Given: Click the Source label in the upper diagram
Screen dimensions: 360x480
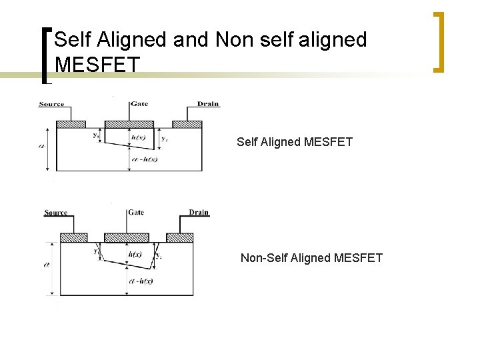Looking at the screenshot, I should (51, 104).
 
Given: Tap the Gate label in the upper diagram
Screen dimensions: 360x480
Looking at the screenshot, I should (139, 104).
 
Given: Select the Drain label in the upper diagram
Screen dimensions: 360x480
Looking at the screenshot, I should (207, 104).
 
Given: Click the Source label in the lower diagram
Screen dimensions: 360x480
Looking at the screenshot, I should (55, 213).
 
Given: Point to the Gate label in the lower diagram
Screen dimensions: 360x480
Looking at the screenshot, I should (135, 213).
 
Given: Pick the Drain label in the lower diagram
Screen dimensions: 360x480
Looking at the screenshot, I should (198, 213).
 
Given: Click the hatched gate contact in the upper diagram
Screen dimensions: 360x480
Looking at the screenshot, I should (129, 125).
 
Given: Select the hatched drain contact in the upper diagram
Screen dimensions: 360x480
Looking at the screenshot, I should (187, 125).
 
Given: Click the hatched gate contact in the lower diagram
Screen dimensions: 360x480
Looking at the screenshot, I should (127, 238).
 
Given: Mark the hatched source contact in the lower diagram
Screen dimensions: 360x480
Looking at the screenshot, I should (73, 238).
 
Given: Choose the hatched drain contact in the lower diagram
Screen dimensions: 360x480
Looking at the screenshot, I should (179, 238).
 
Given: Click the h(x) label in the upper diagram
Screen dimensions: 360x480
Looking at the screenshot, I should (139, 138).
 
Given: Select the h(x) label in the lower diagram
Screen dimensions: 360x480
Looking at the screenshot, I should (135, 255).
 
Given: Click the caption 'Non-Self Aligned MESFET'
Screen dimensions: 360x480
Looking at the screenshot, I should (311, 257).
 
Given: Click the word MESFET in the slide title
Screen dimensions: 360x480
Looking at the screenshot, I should (97, 65).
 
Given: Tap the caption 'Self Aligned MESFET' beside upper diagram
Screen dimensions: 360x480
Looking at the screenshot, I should (295, 141).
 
